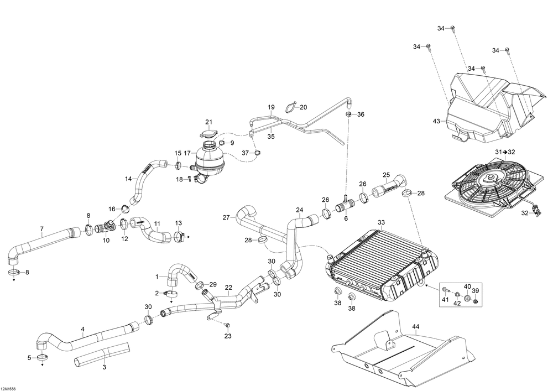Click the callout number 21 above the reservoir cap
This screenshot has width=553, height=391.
(209, 122)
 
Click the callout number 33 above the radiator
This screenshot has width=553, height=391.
(381, 222)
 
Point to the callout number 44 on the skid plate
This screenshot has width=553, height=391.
(416, 326)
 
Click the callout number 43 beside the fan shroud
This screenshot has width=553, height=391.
(437, 121)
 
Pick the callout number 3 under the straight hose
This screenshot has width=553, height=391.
(104, 367)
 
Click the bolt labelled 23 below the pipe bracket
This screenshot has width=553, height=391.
(227, 325)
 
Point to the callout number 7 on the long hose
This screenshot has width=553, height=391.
(41, 229)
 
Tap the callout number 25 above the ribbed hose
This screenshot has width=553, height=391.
(386, 175)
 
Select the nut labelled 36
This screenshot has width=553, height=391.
(348, 114)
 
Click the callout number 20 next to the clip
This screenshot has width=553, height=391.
(303, 107)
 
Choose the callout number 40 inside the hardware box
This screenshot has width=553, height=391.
(467, 286)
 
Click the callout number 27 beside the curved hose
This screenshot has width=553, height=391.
(226, 217)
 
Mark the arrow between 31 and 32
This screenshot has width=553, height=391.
(505, 152)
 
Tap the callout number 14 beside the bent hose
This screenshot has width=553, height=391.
(128, 179)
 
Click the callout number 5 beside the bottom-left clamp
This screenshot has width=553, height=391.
(29, 358)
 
